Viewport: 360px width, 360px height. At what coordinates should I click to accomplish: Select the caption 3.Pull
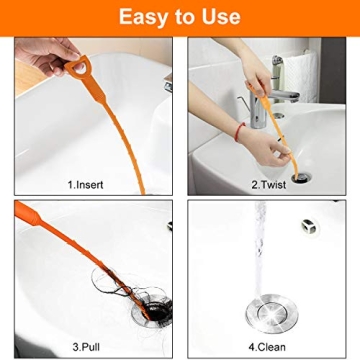[86, 348]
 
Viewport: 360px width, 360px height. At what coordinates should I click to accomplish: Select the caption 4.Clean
[269, 348]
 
